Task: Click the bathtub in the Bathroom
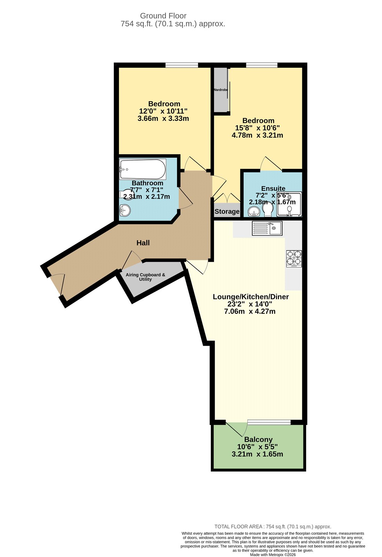[x=143, y=169]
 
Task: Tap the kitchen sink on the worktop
[x=267, y=229]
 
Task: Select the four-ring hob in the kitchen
[x=294, y=259]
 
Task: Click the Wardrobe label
[x=220, y=90]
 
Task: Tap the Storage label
[x=227, y=211]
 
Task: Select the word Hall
[x=143, y=243]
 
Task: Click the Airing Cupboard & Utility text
[x=145, y=277]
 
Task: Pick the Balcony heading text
[x=258, y=439]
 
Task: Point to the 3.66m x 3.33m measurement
[x=163, y=118]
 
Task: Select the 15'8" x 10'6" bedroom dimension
[x=257, y=128]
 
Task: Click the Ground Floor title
[x=163, y=16]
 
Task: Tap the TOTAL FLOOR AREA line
[x=273, y=527]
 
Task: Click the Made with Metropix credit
[x=273, y=555]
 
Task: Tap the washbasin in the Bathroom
[x=124, y=210]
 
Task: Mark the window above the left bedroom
[x=182, y=65]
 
